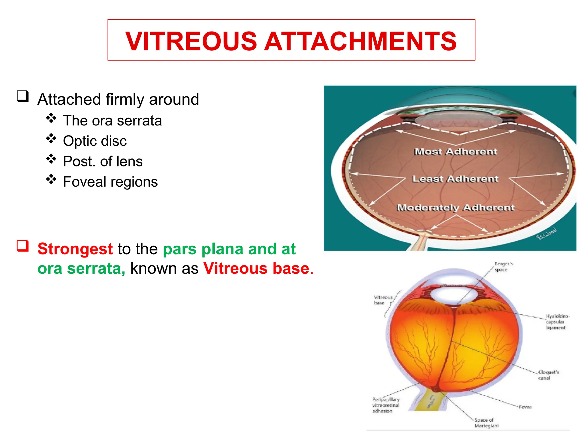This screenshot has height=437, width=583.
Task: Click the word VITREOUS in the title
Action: click(191, 42)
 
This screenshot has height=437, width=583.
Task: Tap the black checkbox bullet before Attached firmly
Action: click(23, 96)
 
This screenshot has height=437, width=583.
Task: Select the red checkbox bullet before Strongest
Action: click(23, 246)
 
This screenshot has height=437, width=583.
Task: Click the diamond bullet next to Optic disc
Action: click(51, 139)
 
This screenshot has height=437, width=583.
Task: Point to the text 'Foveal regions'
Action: click(110, 182)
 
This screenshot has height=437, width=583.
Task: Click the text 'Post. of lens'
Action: click(102, 161)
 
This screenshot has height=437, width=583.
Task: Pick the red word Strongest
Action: click(75, 249)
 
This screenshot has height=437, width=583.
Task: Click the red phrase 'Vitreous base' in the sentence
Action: click(256, 268)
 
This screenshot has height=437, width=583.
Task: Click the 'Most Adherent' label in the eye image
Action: click(455, 152)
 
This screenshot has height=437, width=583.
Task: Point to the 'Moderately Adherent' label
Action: click(455, 207)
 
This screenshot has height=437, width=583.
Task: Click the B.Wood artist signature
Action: click(546, 234)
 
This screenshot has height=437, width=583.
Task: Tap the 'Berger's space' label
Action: click(503, 267)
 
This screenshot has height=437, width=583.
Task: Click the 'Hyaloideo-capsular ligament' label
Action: click(556, 322)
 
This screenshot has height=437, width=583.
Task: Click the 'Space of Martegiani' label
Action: click(486, 422)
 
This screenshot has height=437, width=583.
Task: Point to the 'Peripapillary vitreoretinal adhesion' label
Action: click(385, 405)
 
